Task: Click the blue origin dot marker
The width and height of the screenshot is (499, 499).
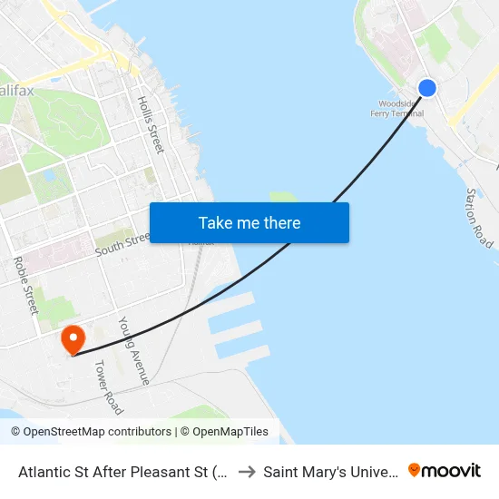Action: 426,88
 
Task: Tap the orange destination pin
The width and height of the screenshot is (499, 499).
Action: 73,339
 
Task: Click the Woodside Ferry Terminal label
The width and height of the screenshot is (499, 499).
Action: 396,109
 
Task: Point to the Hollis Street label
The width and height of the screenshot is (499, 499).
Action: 151,124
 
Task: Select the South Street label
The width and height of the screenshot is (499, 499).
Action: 122,242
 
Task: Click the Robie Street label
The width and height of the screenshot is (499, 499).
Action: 24,285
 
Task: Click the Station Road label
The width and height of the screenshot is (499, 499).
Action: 479,218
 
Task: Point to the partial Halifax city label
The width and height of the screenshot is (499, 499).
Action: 17,92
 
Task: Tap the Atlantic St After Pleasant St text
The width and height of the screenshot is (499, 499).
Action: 122,472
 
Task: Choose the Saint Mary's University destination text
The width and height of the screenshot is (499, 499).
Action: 331,472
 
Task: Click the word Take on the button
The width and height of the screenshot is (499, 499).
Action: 216,222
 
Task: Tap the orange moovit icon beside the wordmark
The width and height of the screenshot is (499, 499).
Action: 415,471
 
